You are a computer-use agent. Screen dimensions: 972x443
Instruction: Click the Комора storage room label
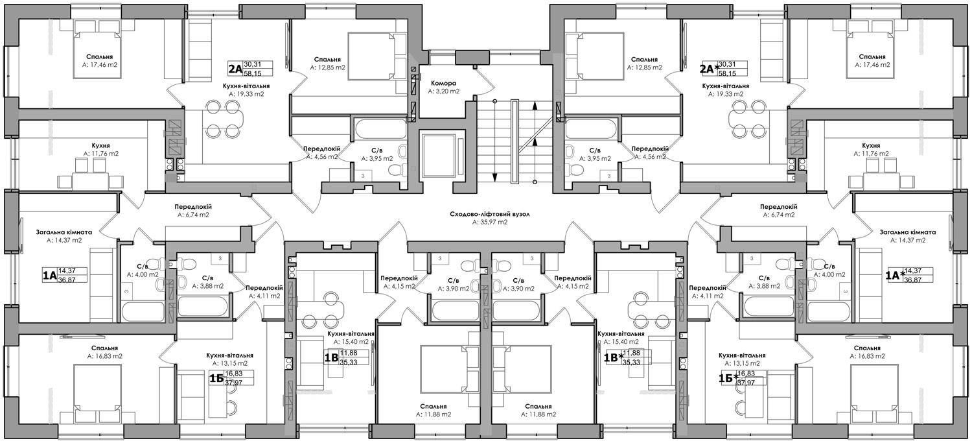(x=443, y=83)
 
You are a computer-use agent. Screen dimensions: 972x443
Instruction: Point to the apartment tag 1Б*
(x=728, y=378)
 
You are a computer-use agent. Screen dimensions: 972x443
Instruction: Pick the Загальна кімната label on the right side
(x=908, y=232)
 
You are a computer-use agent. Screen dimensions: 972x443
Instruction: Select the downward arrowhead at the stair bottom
(x=494, y=176)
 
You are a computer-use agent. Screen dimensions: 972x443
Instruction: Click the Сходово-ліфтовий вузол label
(x=490, y=214)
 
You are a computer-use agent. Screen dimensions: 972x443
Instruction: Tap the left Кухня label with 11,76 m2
(x=100, y=145)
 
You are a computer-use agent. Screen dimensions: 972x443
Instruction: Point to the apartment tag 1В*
(x=614, y=357)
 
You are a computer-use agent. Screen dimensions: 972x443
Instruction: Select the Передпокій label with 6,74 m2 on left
(x=193, y=207)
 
